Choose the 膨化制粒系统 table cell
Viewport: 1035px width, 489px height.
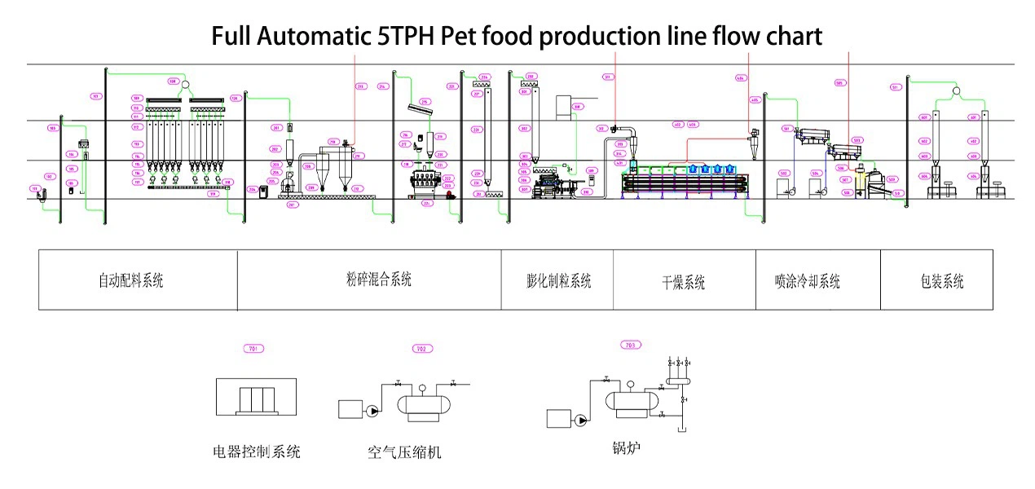(558, 281)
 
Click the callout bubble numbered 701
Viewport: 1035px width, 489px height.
(254, 348)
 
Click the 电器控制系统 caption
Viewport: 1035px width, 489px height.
(256, 451)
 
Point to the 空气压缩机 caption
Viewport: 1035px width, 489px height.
(404, 452)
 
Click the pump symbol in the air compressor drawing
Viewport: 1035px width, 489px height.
(373, 412)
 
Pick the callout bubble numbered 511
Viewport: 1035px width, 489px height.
(895, 87)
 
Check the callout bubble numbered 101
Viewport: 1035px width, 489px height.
(95, 96)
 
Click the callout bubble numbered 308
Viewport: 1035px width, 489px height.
(578, 106)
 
